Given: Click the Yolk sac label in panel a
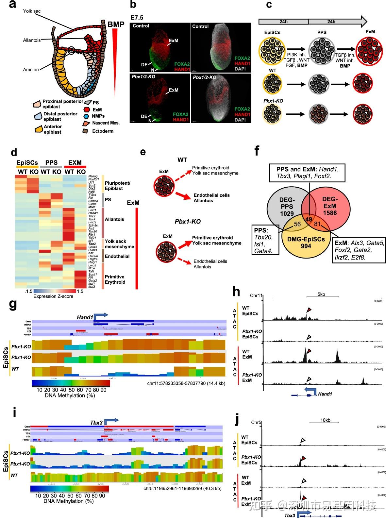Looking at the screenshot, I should tap(32, 11).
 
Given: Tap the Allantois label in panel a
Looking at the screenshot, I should tap(32, 40).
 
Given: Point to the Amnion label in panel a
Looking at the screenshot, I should tap(31, 70).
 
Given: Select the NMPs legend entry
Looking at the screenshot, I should tap(98, 116).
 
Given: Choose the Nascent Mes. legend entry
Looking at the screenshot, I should tap(106, 123).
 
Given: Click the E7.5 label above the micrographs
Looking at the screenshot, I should tap(137, 18).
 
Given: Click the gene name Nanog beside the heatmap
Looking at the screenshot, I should tap(93, 176).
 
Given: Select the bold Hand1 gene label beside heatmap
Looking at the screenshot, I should tap(93, 213).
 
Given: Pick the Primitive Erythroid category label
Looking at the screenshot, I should tap(115, 279).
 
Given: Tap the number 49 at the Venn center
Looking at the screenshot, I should tap(309, 219).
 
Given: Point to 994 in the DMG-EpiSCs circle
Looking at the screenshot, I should tap(306, 246).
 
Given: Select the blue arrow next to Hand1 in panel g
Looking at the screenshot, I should tap(101, 316).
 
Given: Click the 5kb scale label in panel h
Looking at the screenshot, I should tap(321, 294).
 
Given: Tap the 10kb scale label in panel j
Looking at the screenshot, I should tap(325, 420).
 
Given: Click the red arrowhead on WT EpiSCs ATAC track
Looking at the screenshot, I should tap(309, 310).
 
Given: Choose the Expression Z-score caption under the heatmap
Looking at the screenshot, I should tap(53, 296).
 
